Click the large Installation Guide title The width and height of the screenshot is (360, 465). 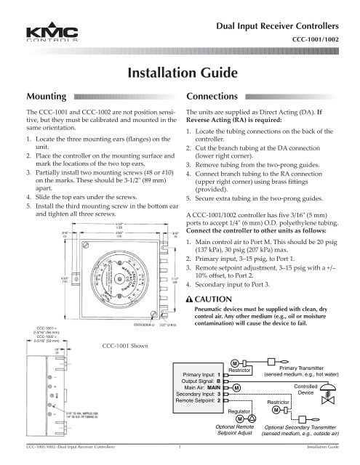click(x=179, y=73)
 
